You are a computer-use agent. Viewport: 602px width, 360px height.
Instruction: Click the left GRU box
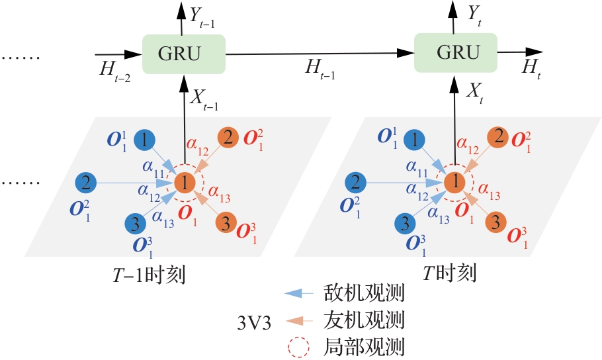coord(184,53)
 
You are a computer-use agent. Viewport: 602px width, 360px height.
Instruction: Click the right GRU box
coord(455,53)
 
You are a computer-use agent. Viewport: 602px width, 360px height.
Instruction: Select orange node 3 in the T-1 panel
coord(226,221)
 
